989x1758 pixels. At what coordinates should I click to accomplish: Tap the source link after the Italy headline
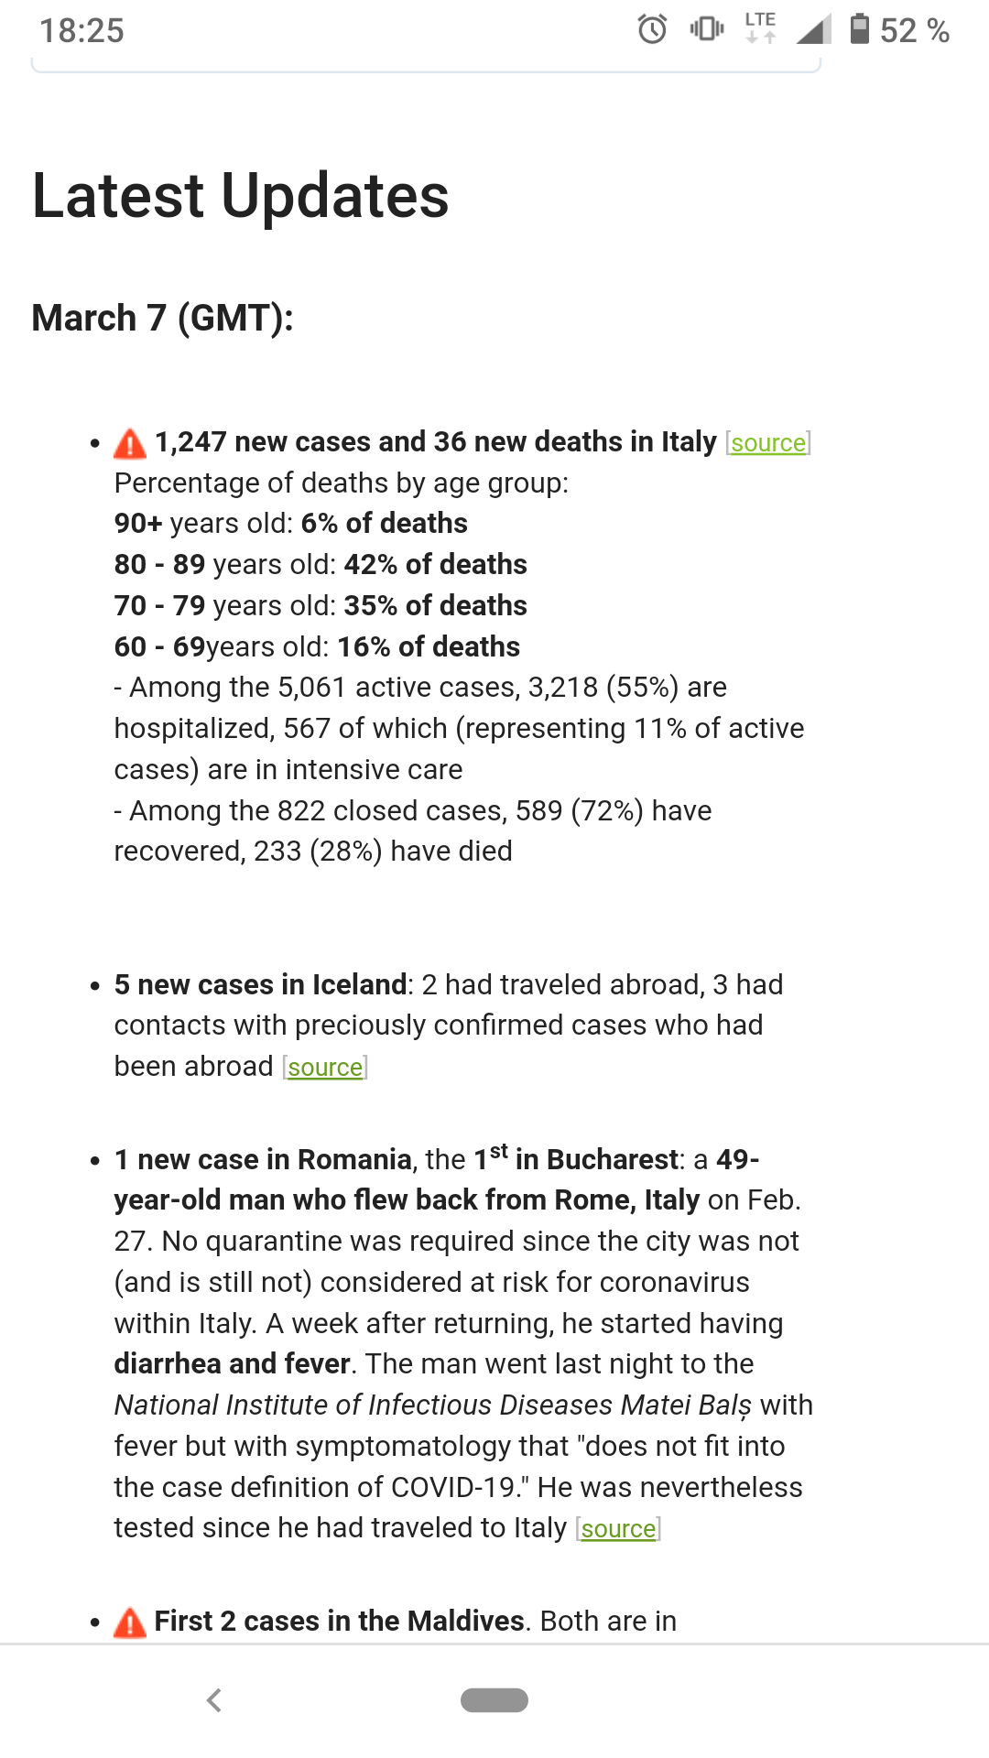click(x=768, y=443)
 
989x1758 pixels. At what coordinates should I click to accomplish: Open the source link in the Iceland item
click(x=325, y=1068)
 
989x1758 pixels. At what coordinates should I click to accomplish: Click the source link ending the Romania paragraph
click(x=618, y=1529)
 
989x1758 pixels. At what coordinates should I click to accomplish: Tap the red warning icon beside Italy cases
click(x=130, y=443)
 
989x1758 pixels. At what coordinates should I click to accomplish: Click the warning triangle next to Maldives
click(x=130, y=1622)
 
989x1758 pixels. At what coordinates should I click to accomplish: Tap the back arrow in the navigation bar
click(x=214, y=1700)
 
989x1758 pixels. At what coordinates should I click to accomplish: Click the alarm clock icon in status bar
click(x=652, y=29)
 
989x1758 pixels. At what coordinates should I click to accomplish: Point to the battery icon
click(x=859, y=29)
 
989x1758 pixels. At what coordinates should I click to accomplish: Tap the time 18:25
click(x=82, y=30)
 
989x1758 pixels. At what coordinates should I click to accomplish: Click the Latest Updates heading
click(x=240, y=196)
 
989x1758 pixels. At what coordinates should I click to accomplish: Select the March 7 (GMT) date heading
click(x=162, y=319)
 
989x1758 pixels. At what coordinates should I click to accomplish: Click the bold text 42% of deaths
click(x=435, y=565)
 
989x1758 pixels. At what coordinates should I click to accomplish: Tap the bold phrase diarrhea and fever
click(x=232, y=1364)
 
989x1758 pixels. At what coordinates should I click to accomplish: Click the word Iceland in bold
click(x=359, y=985)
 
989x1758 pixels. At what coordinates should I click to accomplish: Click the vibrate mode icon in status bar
click(x=706, y=29)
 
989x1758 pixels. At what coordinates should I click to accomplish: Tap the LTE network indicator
click(x=760, y=27)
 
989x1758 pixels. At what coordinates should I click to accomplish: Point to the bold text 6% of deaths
click(x=384, y=524)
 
